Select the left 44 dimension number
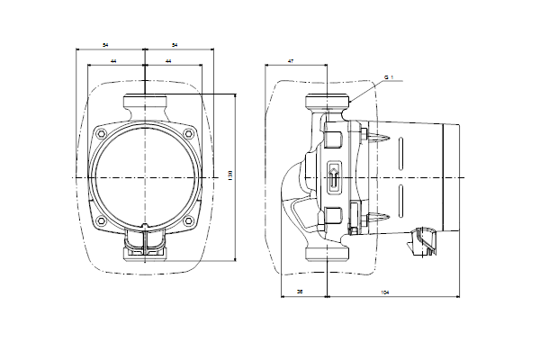113,60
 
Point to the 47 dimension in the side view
291,60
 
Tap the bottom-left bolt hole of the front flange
101,221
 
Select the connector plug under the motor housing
421,241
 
